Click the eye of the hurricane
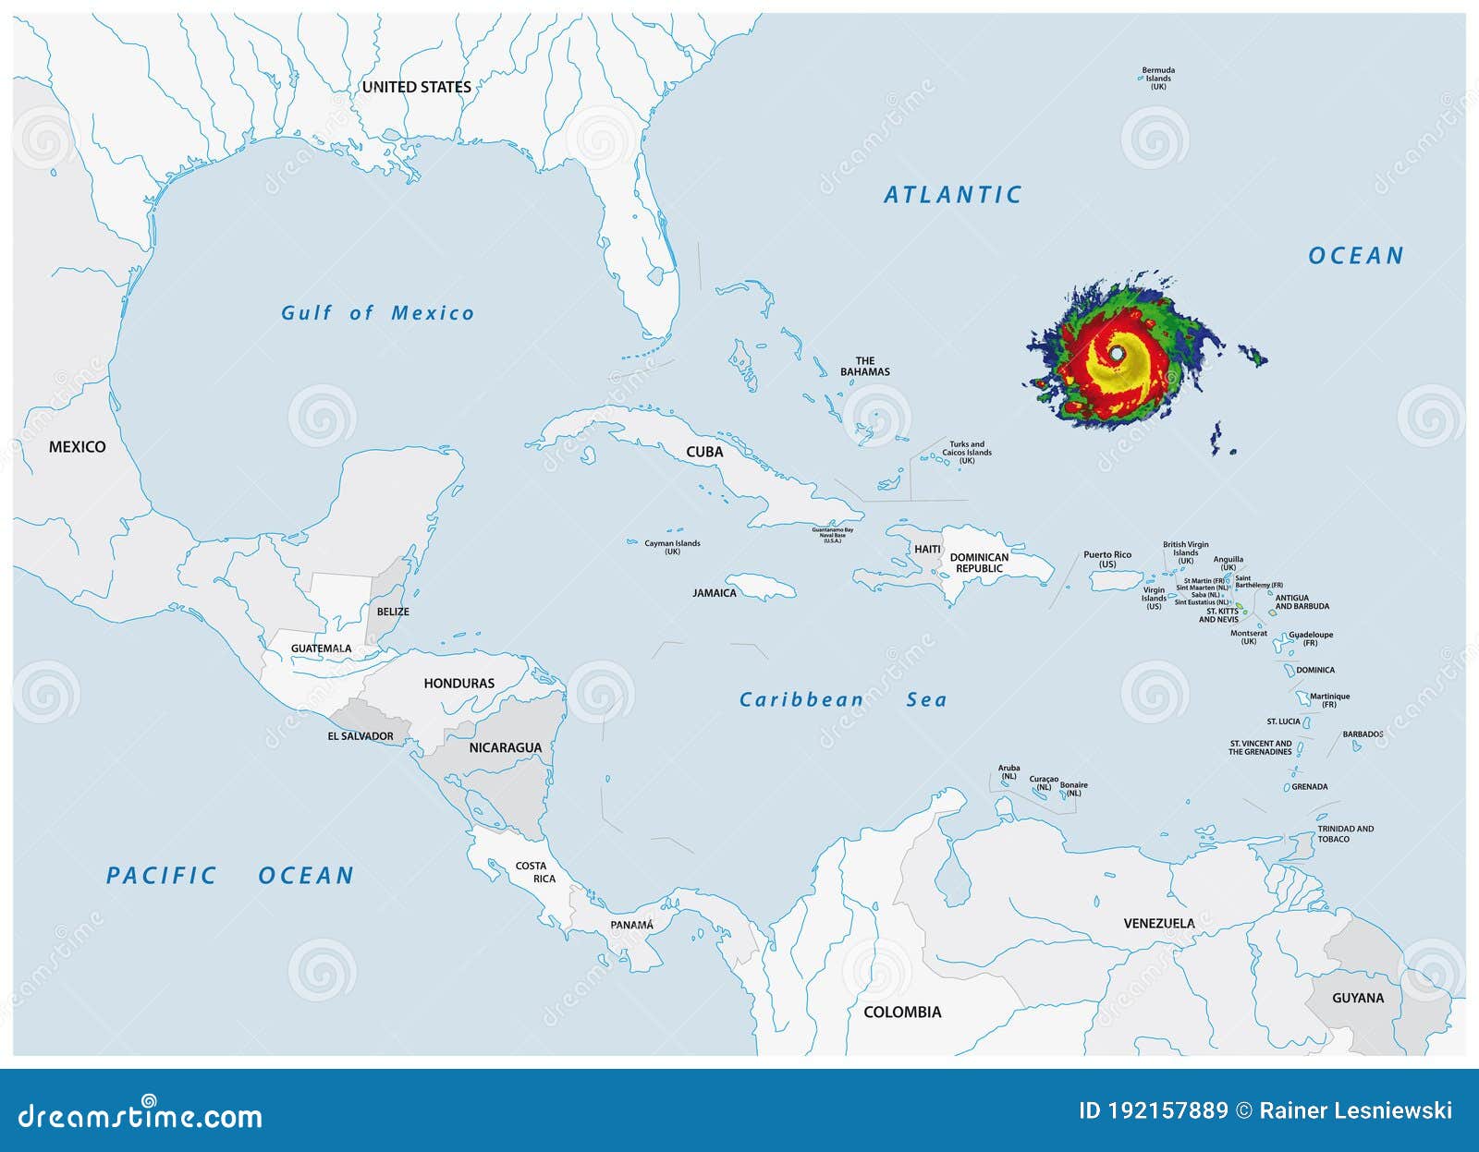point(1117,354)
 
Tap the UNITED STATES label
point(416,87)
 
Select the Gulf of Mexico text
point(377,313)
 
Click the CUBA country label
point(704,452)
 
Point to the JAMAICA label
point(715,593)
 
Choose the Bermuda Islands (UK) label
point(1158,78)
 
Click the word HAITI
point(927,549)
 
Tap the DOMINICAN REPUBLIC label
point(979,563)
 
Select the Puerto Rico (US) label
point(1107,559)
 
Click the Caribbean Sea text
point(842,700)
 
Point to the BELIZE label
point(393,612)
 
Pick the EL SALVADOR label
point(361,736)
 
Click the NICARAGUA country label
point(505,747)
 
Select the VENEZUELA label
point(1158,923)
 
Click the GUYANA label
point(1358,998)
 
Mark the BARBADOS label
point(1363,734)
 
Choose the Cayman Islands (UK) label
point(672,547)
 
